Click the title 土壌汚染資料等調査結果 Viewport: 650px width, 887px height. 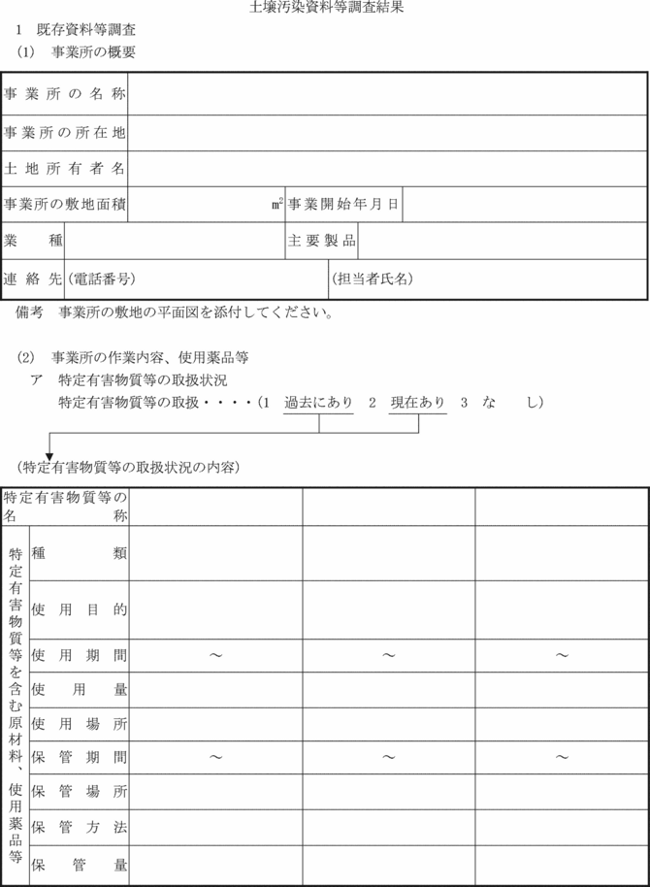coord(326,7)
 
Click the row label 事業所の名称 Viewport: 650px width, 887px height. coord(64,94)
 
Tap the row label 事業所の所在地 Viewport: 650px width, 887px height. coord(64,132)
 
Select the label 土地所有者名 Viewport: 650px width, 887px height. coord(64,169)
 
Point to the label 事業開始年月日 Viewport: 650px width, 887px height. coord(342,205)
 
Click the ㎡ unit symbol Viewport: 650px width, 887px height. coord(277,204)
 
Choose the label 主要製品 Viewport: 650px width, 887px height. coord(321,241)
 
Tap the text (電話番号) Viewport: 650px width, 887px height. coord(100,279)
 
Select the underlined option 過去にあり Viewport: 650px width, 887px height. coord(318,402)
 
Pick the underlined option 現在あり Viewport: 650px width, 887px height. coord(418,402)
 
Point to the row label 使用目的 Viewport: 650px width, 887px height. coord(79,610)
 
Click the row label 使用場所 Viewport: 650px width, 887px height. coord(79,724)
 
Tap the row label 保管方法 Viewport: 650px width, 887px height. coord(79,828)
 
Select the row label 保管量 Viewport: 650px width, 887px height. coord(79,864)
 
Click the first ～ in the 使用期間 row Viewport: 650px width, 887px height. coord(215,656)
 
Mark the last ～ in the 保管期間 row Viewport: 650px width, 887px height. coord(562,757)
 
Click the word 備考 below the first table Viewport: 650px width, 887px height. coord(30,313)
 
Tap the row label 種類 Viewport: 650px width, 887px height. coord(79,552)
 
